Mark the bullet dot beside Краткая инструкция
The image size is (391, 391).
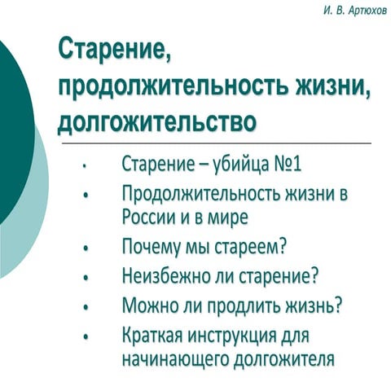coord(85,336)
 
